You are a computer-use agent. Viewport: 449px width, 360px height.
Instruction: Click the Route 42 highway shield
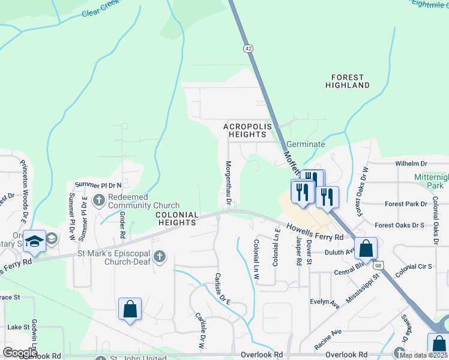click(x=248, y=47)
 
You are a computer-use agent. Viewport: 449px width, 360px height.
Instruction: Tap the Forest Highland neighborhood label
click(x=348, y=82)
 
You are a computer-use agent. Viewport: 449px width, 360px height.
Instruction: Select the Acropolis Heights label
click(x=248, y=131)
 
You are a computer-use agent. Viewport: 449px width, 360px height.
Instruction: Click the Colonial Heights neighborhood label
click(x=177, y=218)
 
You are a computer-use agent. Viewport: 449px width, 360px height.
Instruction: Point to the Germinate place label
click(x=306, y=145)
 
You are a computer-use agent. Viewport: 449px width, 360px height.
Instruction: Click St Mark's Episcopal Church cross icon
click(x=159, y=257)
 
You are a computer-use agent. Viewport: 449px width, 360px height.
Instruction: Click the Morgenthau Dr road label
click(x=228, y=180)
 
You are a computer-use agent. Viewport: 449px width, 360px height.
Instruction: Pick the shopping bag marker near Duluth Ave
click(x=366, y=247)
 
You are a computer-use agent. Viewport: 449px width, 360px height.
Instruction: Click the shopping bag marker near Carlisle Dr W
click(x=130, y=309)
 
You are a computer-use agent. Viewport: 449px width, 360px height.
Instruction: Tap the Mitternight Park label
click(x=432, y=181)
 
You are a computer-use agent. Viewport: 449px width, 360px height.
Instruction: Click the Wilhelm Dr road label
click(x=411, y=163)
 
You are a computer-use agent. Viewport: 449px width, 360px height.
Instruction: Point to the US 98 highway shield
click(x=378, y=265)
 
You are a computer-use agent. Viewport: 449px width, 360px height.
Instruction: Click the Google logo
click(x=20, y=353)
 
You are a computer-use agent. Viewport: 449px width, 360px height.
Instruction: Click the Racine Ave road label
click(x=328, y=339)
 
